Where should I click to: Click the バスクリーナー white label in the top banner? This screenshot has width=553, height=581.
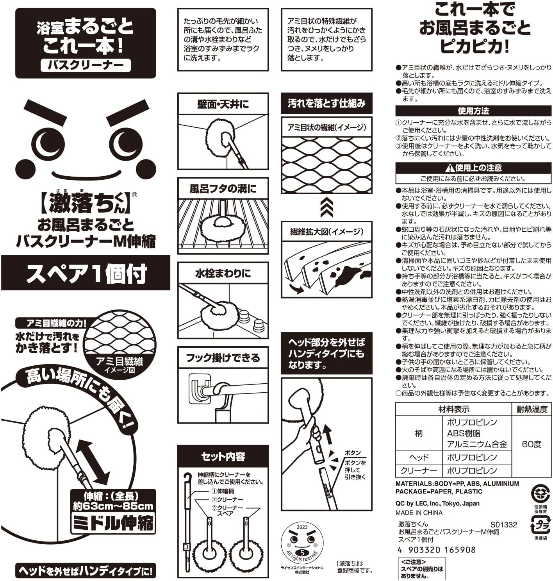point(86,65)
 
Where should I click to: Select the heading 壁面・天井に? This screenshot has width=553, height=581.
point(223,104)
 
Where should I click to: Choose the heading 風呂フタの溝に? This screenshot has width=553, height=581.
point(223,189)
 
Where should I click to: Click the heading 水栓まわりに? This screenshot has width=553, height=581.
point(223,274)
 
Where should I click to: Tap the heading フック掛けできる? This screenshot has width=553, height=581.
point(223,358)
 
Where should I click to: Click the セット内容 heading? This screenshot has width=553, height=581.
point(223,456)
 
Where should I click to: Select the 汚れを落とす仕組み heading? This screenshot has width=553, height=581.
point(326,103)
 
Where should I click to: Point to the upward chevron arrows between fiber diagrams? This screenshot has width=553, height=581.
point(326,208)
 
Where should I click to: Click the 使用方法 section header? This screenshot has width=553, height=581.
point(473,111)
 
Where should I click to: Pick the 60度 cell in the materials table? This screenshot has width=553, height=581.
point(532,444)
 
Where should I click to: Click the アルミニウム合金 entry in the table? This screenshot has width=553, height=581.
point(477,444)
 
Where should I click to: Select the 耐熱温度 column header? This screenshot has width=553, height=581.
point(532,409)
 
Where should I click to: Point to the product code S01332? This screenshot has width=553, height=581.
point(504,525)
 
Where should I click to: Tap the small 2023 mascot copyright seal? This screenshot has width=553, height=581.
point(302,543)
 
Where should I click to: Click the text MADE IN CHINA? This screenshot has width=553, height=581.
point(419,513)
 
